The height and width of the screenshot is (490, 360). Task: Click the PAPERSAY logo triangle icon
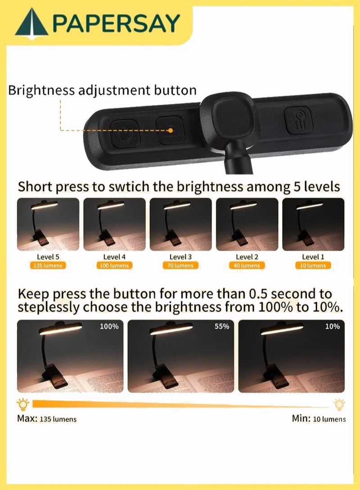pyautogui.click(x=31, y=23)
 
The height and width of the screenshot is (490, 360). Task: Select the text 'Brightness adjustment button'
pyautogui.click(x=103, y=90)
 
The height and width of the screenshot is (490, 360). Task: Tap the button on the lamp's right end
pyautogui.click(x=297, y=120)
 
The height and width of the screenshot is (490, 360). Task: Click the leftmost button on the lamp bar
pyautogui.click(x=121, y=133)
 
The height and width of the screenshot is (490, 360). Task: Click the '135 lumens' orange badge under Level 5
pyautogui.click(x=48, y=266)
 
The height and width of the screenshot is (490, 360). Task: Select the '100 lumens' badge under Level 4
pyautogui.click(x=114, y=266)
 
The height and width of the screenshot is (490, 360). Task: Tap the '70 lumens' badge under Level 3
pyautogui.click(x=180, y=266)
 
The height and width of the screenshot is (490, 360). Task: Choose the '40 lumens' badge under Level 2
pyautogui.click(x=247, y=266)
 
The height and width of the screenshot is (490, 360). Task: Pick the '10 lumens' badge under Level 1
pyautogui.click(x=313, y=266)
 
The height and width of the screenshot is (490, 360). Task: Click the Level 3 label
pyautogui.click(x=180, y=257)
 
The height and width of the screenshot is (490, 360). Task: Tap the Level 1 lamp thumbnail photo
pyautogui.click(x=313, y=224)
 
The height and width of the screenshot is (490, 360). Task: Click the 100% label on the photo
pyautogui.click(x=109, y=326)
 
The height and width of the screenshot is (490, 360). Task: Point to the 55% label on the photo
pyautogui.click(x=222, y=326)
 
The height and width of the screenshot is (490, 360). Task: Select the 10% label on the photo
pyautogui.click(x=332, y=326)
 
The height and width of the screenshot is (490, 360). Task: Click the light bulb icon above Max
pyautogui.click(x=21, y=403)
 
